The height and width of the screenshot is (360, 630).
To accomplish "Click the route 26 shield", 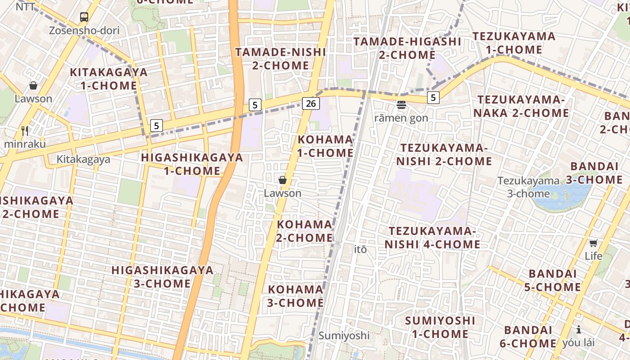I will (x=310, y=103).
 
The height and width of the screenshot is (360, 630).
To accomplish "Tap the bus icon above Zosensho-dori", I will (x=84, y=17).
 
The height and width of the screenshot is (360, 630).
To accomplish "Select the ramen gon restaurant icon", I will (x=401, y=105).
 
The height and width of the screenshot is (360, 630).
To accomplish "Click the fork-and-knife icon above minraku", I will (x=25, y=131).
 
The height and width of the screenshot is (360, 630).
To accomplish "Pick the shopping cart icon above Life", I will (x=594, y=243).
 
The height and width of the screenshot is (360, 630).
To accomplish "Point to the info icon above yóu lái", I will (x=578, y=329).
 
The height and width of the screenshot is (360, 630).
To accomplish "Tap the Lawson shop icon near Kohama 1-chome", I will (x=283, y=180).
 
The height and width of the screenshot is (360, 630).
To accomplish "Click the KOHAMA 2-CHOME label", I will (x=305, y=231).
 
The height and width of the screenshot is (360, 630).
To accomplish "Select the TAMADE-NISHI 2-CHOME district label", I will (x=280, y=59).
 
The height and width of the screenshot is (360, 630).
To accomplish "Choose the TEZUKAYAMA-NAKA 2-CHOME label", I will (x=521, y=106).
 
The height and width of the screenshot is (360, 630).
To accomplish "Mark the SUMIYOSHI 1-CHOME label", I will (x=440, y=327).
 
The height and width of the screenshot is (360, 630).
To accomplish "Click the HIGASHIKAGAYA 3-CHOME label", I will (x=162, y=277).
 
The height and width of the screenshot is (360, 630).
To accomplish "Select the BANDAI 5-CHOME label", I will (x=554, y=280).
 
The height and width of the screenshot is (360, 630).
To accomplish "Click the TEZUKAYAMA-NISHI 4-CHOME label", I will (x=432, y=238).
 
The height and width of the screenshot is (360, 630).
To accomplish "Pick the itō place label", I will (x=360, y=249).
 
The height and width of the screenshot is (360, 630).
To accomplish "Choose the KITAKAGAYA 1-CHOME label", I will (x=108, y=79).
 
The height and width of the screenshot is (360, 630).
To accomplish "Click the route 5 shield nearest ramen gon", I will (x=433, y=97).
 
